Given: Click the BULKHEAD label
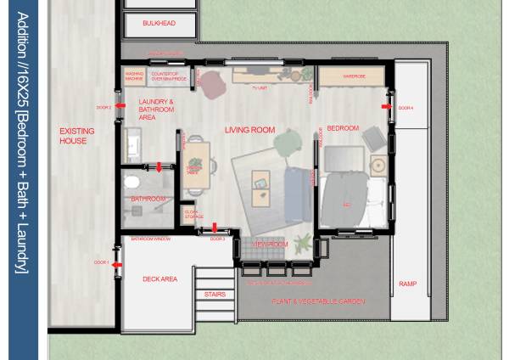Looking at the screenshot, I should pyautogui.click(x=159, y=24).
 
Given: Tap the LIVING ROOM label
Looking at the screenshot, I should pyautogui.click(x=249, y=130).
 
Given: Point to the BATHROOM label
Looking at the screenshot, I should pyautogui.click(x=148, y=199).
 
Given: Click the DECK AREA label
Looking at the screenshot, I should pyautogui.click(x=159, y=278).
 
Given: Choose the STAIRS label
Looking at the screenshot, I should pyautogui.click(x=215, y=295).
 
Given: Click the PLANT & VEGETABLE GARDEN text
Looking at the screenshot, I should pyautogui.click(x=317, y=301).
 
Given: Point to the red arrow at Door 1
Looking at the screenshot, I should pyautogui.click(x=117, y=264).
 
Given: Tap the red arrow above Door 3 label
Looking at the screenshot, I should pyautogui.click(x=215, y=228).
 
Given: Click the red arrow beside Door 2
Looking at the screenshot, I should pyautogui.click(x=120, y=108).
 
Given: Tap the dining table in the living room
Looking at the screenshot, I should pyautogui.click(x=197, y=163).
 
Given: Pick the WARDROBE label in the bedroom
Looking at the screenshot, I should pyautogui.click(x=354, y=76).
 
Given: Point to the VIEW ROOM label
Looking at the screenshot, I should pyautogui.click(x=271, y=245).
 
